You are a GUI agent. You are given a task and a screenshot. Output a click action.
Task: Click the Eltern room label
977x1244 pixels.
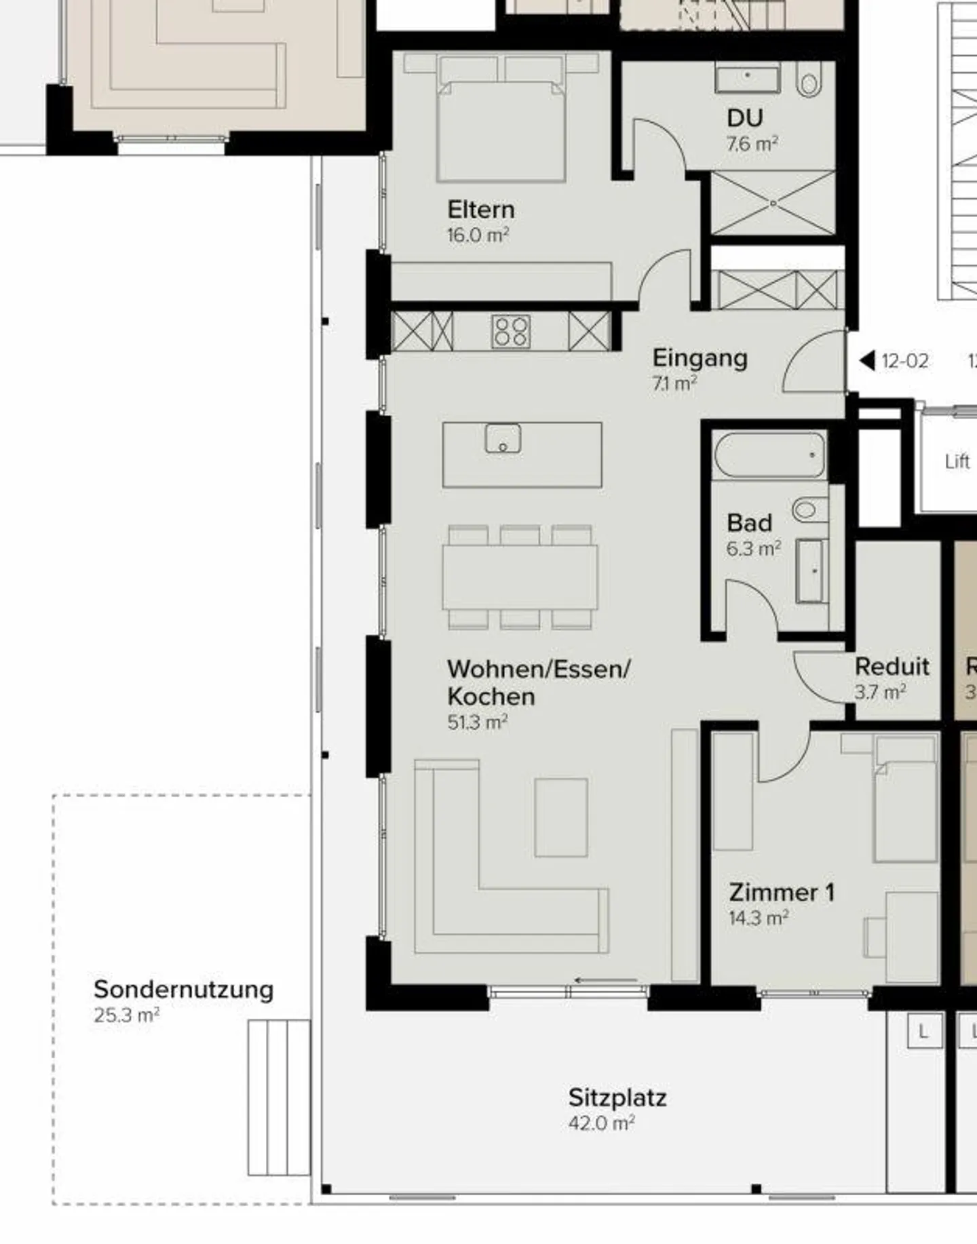click(x=480, y=210)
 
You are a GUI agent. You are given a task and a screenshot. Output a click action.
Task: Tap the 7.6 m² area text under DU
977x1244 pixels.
click(x=752, y=144)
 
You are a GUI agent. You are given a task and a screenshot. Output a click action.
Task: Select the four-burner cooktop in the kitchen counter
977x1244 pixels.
click(x=511, y=332)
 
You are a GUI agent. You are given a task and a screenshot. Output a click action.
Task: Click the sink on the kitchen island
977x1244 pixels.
click(x=503, y=438)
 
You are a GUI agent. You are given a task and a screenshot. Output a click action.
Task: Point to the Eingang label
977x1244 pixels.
click(x=700, y=357)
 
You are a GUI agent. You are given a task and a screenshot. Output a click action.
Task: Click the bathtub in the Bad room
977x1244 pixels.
click(x=769, y=455)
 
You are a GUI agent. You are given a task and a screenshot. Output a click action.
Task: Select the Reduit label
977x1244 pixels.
click(x=892, y=666)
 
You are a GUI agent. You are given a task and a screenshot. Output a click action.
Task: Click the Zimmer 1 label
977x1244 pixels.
click(x=781, y=892)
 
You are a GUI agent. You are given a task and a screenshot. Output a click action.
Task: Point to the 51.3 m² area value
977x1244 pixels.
click(x=477, y=722)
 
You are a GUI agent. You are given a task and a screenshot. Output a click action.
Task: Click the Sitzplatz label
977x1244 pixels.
click(x=617, y=1097)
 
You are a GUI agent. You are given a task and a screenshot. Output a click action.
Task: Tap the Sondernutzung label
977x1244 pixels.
click(x=183, y=989)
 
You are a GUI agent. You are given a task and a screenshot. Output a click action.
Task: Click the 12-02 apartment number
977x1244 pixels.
click(x=904, y=361)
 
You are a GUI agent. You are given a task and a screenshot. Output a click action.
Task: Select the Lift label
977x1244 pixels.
click(x=957, y=461)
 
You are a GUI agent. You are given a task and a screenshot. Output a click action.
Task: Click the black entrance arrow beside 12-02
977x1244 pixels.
click(x=867, y=360)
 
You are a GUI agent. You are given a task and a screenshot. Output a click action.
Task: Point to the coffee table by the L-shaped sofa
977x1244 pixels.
click(x=560, y=817)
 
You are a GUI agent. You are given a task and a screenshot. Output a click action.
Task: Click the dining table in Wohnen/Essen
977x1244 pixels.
click(x=520, y=577)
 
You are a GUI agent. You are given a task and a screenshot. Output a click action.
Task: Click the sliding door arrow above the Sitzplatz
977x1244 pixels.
click(x=605, y=980)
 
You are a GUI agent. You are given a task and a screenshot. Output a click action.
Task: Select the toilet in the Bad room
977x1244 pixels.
click(x=807, y=509)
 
